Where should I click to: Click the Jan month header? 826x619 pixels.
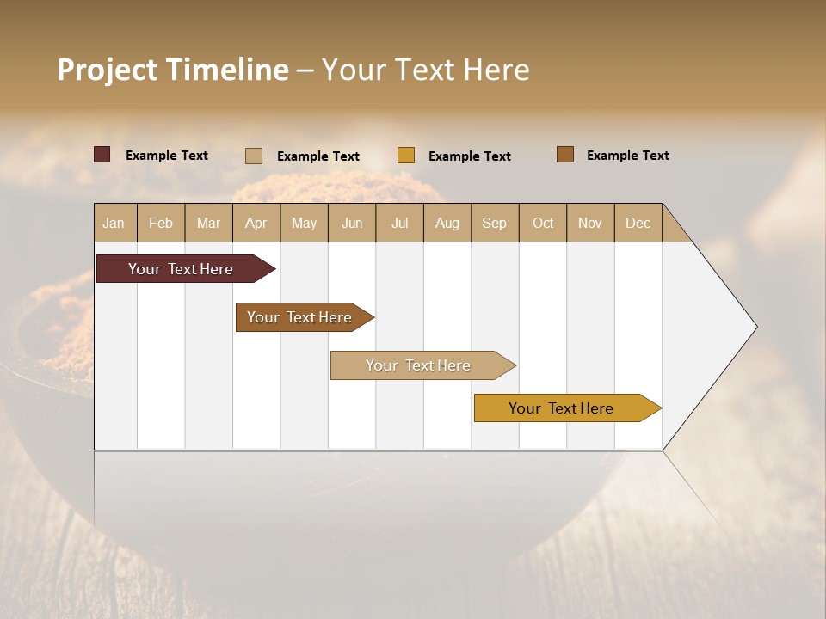point(114,223)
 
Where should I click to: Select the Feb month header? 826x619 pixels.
point(161,223)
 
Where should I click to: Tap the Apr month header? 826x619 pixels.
point(256,223)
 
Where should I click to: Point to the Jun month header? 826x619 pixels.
point(352,223)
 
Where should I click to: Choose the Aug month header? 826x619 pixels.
point(447,223)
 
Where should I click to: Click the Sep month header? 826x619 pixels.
point(495,223)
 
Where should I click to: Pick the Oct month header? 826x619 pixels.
point(543,223)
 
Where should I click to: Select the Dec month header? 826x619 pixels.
point(638,223)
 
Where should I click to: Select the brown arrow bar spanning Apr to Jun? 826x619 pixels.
point(301,317)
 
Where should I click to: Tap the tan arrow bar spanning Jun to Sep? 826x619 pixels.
point(420,365)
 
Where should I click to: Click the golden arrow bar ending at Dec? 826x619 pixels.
point(564,408)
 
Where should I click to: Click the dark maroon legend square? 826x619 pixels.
point(102,155)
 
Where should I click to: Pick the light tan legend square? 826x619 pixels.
point(254,156)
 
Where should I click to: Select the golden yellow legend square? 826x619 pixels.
point(406,156)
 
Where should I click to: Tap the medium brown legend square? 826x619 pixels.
point(565,155)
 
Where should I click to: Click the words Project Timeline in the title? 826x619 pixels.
point(173,70)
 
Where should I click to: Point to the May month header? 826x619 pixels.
point(304,223)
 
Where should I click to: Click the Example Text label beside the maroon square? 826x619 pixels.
point(167,156)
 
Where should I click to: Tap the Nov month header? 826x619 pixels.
point(590,223)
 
